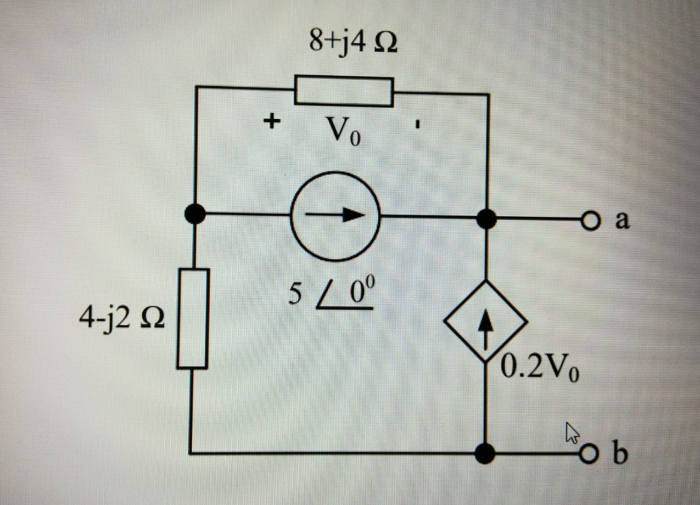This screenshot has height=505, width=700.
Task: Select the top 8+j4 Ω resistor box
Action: tap(344, 92)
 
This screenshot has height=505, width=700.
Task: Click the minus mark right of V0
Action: tap(418, 126)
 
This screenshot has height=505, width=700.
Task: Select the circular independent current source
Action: tap(335, 217)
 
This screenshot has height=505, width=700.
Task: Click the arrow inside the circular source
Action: tap(335, 215)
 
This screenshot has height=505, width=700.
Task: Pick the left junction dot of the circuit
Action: tap(196, 214)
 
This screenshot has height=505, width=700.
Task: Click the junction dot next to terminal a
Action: tap(486, 219)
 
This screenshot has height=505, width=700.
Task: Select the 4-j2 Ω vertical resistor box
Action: tap(192, 319)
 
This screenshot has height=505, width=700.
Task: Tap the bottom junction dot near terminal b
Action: tap(485, 452)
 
